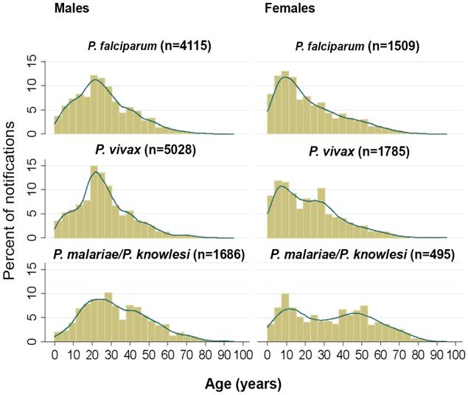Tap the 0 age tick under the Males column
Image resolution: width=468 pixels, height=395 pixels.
point(54,357)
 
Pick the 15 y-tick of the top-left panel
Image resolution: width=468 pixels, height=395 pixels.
point(43,63)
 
